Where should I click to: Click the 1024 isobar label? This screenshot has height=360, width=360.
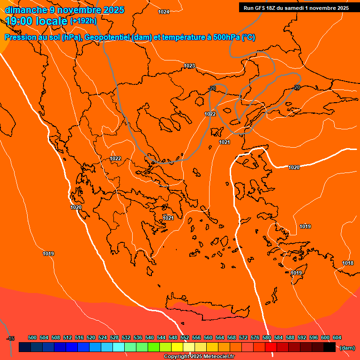coord(164,12)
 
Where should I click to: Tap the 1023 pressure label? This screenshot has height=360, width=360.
coord(189,66)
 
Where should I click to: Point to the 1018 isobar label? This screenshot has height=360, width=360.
coord(348,263)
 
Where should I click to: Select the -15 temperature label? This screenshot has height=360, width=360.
coord(10,338)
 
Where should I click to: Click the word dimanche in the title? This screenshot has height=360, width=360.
coord(26,10)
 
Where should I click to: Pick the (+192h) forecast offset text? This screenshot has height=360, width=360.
coord(83,21)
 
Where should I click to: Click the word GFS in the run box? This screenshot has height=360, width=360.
coord(259,7)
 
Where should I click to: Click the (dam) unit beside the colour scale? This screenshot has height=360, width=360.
coord(347,347)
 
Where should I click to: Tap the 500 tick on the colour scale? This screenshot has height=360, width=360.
coord(32,337)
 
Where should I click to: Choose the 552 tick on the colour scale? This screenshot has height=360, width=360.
coord(185,337)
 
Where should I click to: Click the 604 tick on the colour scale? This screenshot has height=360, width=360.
coord(337,337)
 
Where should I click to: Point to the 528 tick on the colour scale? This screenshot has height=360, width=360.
coord(114,337)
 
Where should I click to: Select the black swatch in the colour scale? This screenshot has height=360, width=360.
coord(330,347)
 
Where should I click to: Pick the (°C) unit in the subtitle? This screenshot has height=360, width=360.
coord(248,37)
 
